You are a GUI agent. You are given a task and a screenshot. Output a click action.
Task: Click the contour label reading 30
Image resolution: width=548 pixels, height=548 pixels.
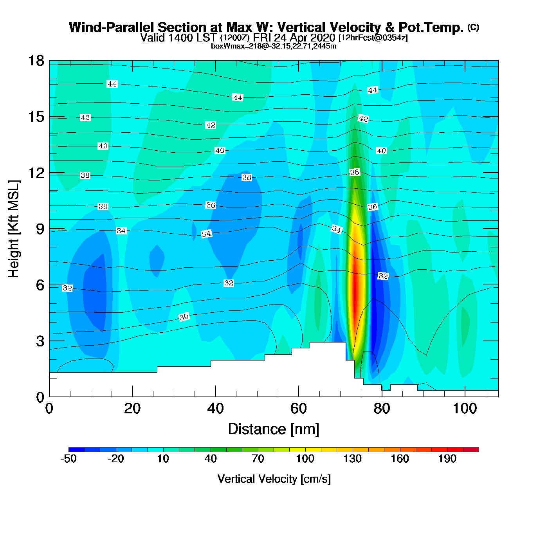[x=184, y=317]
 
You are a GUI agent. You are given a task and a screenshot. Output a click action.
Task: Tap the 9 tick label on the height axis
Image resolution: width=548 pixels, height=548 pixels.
[x=40, y=229]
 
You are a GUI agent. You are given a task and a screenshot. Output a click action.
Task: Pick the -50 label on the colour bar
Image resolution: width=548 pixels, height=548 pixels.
[x=68, y=459]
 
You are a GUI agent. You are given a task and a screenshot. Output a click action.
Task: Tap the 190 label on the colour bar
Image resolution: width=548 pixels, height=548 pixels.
[x=447, y=459]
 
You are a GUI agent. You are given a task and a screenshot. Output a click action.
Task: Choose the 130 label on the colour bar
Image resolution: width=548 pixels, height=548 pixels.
[x=352, y=459]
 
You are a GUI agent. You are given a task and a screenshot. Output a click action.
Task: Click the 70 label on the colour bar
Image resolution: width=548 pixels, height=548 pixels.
[x=258, y=459]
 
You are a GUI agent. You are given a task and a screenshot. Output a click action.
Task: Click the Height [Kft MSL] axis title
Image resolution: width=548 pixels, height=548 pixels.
[x=14, y=229]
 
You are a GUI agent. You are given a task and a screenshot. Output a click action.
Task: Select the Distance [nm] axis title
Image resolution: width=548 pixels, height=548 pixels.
[x=274, y=429]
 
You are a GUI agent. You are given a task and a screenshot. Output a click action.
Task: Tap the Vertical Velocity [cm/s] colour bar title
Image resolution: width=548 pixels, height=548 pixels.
[x=274, y=479]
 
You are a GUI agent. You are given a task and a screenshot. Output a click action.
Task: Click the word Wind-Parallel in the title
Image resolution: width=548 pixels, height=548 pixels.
[x=112, y=28]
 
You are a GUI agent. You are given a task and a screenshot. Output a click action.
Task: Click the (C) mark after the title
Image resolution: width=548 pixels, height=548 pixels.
[x=473, y=27]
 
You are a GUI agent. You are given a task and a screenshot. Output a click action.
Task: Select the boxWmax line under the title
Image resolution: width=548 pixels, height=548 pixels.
[x=274, y=46]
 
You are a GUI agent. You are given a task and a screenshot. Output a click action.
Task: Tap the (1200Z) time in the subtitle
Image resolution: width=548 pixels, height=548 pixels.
[x=234, y=38]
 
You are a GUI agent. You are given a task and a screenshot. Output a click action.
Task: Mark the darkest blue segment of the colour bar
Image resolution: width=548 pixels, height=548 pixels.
[x=76, y=450]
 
